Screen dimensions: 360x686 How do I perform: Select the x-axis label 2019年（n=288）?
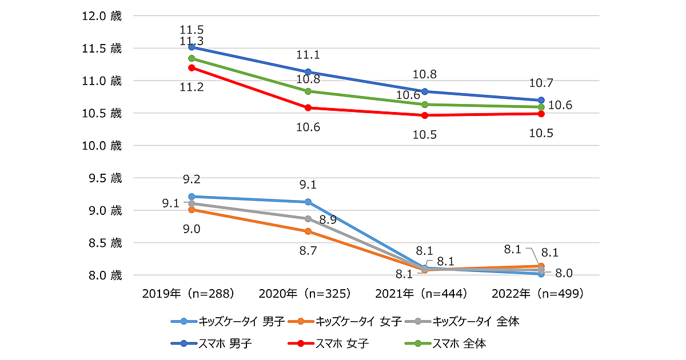click(x=189, y=294)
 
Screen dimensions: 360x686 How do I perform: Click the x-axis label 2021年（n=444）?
click(x=421, y=294)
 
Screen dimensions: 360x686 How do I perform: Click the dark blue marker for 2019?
click(x=192, y=47)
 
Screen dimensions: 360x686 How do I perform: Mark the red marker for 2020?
click(x=308, y=107)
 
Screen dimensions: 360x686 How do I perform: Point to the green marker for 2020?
click(x=308, y=91)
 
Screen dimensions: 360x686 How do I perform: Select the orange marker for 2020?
click(x=308, y=231)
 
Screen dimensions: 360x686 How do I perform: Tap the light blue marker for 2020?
click(x=308, y=202)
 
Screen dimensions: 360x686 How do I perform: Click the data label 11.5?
click(x=192, y=29)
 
